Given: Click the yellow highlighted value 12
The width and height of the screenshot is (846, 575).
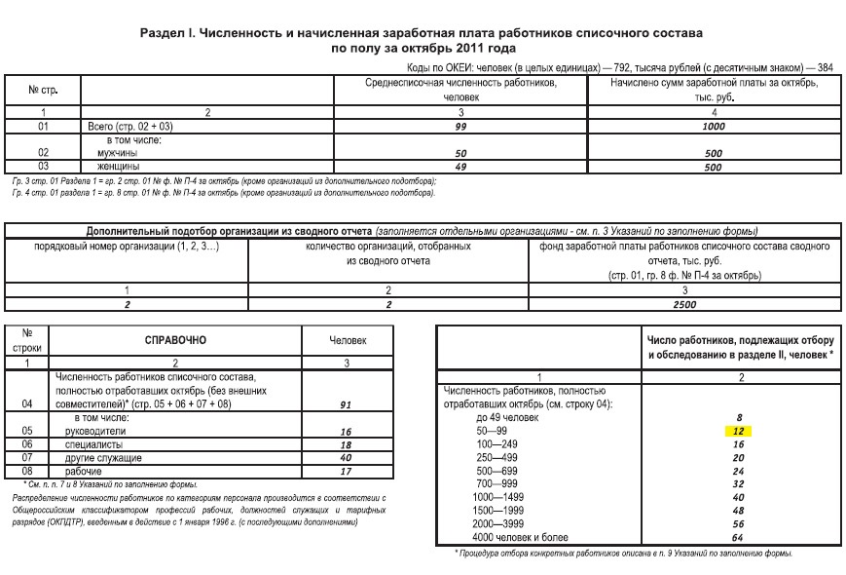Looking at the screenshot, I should point(740,430).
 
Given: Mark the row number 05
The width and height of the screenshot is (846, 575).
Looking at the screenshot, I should point(27,430).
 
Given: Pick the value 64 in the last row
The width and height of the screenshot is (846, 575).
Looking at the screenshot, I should point(740,538).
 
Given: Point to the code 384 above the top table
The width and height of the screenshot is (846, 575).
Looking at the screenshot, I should point(826,68).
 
